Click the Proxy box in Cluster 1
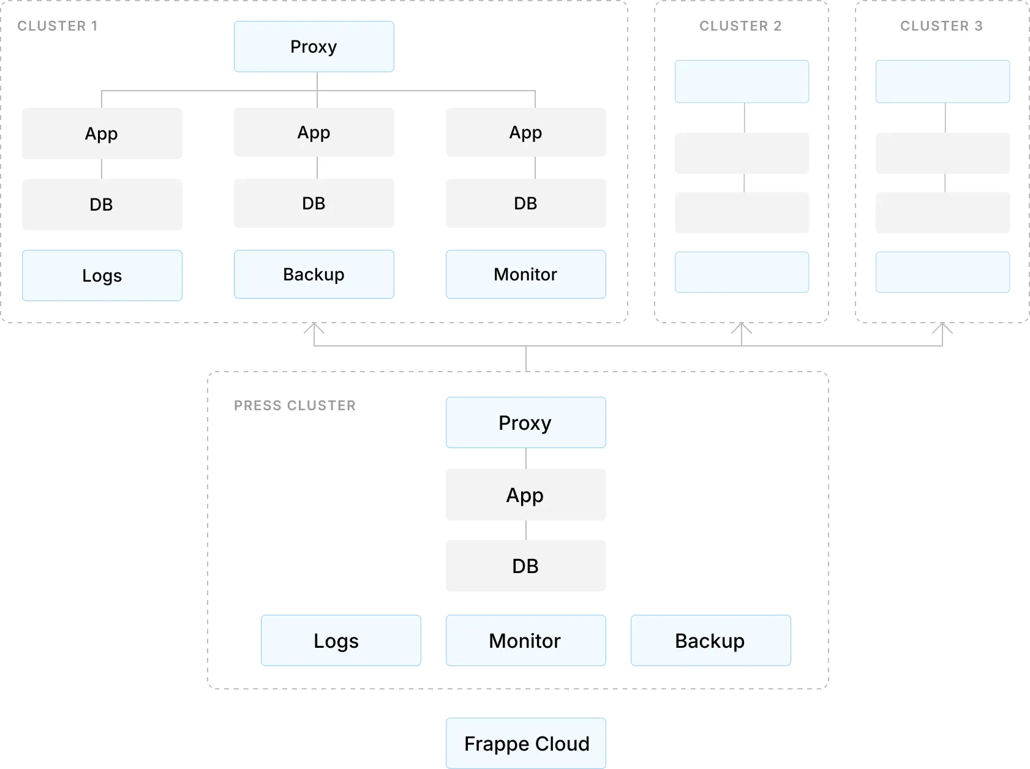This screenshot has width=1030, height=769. [314, 47]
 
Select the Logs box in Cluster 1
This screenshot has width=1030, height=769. [102, 276]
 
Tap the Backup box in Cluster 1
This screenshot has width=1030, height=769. [314, 274]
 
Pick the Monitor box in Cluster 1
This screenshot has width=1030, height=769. [525, 274]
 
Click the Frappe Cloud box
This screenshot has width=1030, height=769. [525, 743]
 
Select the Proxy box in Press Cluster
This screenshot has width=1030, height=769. [525, 422]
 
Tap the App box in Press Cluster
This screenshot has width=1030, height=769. [525, 495]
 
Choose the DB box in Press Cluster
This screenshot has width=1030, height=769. [525, 566]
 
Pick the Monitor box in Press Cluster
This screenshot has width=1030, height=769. [525, 640]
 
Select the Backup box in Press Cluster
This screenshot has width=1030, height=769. [710, 640]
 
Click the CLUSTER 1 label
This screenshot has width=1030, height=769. [58, 26]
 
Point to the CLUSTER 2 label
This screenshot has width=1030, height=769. [740, 26]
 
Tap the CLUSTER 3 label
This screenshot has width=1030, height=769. [941, 26]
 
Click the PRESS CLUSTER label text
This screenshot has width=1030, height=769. [295, 405]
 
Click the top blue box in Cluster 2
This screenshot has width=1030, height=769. [742, 81]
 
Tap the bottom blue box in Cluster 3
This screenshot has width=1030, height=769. [942, 272]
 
